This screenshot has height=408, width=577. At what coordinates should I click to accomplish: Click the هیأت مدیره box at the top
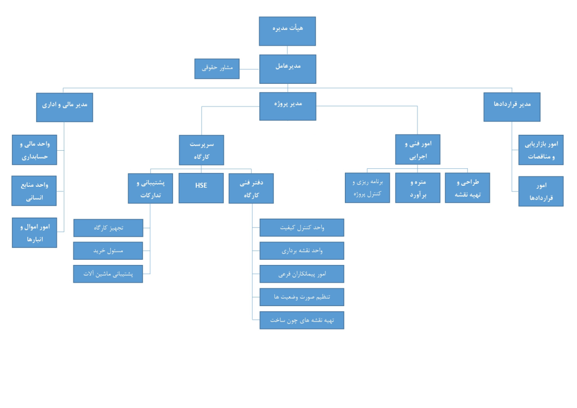(287, 31)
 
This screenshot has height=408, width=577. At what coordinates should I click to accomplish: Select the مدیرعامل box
(287, 69)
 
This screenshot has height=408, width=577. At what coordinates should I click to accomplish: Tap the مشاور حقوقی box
(217, 68)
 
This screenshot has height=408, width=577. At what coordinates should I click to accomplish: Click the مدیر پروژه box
(287, 106)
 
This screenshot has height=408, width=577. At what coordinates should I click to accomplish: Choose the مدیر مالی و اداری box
(64, 107)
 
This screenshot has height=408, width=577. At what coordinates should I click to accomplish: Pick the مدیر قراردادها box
(512, 107)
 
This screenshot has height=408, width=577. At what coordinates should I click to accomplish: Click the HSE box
(201, 188)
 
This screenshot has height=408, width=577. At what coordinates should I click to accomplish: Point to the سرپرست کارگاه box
(201, 150)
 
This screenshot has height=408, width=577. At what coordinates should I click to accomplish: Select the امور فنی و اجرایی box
(417, 149)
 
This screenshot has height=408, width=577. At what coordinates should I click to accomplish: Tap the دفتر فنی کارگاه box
(251, 188)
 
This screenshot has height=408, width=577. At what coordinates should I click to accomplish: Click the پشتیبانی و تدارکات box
(150, 188)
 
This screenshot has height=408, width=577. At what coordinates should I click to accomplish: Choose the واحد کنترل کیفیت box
(302, 227)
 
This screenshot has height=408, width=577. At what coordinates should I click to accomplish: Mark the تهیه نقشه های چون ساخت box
(302, 320)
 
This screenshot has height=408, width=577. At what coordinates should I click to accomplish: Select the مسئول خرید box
(108, 251)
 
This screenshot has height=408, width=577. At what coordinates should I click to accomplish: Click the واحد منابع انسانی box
(34, 190)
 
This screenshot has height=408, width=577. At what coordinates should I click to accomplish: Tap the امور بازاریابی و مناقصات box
(540, 150)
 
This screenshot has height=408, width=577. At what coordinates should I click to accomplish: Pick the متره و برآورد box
(417, 188)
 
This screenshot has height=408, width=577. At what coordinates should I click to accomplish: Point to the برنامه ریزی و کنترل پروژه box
(367, 188)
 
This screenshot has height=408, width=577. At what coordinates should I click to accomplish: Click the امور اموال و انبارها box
(34, 233)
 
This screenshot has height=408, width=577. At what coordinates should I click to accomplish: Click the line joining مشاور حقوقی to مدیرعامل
(249, 69)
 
